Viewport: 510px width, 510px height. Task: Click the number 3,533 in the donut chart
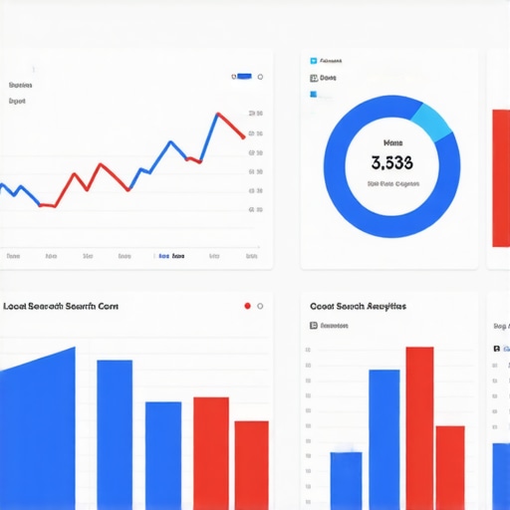pos(391,161)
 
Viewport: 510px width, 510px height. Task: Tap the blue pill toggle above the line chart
pos(242,76)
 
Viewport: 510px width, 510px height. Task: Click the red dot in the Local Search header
pos(247,306)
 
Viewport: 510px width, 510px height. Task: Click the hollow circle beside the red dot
pos(260,306)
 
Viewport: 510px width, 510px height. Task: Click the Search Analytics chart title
pos(358,307)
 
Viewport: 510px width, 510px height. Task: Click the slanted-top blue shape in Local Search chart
pos(38,428)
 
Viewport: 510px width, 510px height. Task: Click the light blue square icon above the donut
pos(313,60)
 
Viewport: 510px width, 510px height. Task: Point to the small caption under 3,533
pos(391,184)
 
